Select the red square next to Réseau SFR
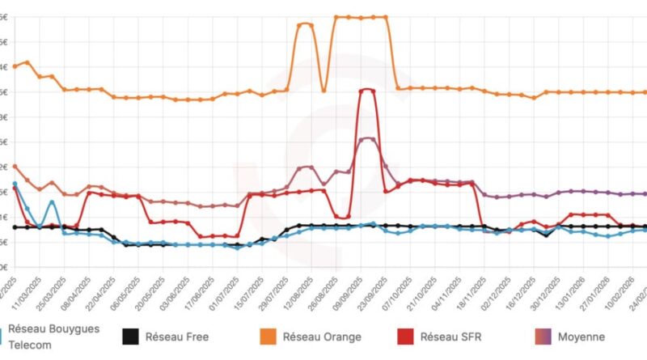404,336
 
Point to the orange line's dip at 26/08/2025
323,91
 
